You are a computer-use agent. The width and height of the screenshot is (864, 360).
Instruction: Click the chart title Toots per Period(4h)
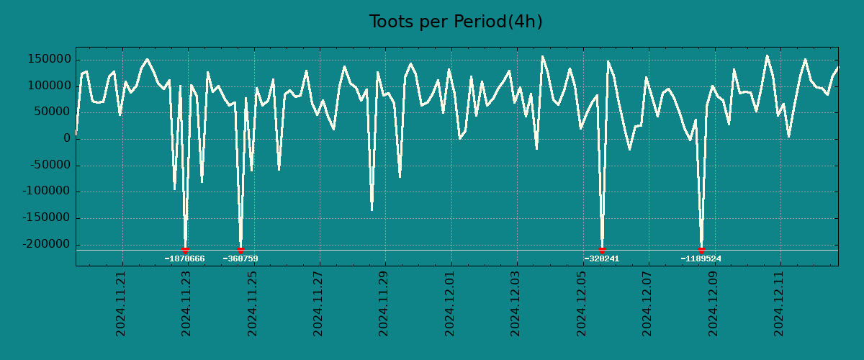pos(455,22)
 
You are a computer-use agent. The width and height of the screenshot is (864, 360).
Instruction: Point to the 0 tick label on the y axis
pos(66,139)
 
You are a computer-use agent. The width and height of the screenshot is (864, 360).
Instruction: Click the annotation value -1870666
pos(185,259)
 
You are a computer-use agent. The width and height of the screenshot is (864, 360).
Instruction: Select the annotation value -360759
pos(240,259)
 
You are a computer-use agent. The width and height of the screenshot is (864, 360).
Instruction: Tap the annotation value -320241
pos(602,259)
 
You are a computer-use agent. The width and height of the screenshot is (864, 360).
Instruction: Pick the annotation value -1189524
pos(701,259)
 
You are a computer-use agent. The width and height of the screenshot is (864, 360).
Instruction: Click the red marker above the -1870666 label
pos(185,250)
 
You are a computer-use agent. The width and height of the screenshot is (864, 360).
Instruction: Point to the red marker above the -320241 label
pos(602,250)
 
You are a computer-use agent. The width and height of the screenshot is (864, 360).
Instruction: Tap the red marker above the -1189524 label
pos(701,250)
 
